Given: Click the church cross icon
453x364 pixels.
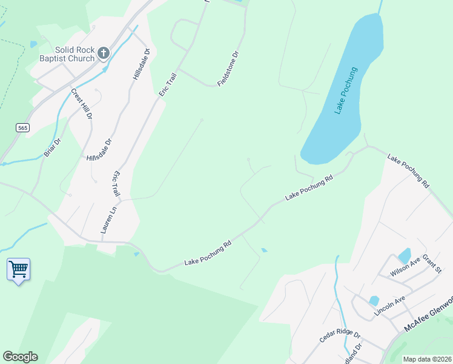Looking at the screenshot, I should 104,53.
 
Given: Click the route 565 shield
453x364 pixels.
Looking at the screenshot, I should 23,127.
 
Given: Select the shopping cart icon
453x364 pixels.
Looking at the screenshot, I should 18,269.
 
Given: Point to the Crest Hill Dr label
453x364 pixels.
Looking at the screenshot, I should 82,104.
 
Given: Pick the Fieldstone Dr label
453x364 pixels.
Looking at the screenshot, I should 228,67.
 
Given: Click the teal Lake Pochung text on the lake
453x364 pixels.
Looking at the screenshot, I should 346,90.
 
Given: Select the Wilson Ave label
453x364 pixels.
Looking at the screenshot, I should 406,267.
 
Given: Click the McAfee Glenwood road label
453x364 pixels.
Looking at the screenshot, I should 428,314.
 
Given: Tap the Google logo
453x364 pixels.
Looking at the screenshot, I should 20,357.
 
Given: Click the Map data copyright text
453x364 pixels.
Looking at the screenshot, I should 427,359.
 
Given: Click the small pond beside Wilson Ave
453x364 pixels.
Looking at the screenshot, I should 405,255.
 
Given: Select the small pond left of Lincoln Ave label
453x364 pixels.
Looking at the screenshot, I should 374,300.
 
